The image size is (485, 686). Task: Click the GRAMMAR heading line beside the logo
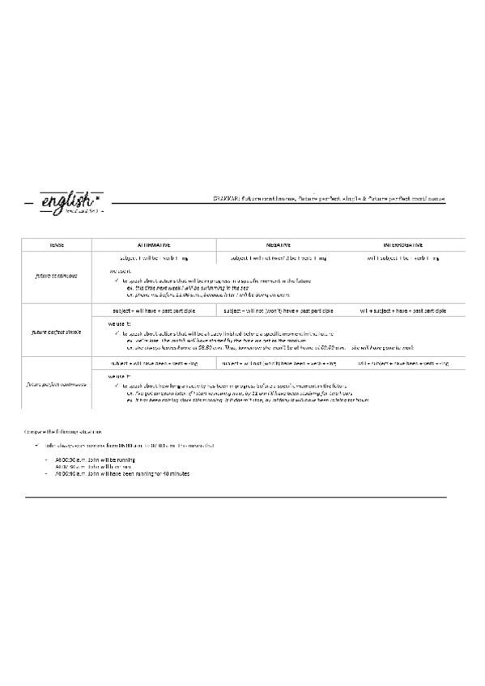pyautogui.click(x=328, y=198)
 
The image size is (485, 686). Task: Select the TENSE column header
pyautogui.click(x=56, y=244)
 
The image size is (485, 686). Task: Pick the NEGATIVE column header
pyautogui.click(x=278, y=244)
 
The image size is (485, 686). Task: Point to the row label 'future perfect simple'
pyautogui.click(x=56, y=329)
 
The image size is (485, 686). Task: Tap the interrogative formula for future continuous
pyautogui.click(x=402, y=258)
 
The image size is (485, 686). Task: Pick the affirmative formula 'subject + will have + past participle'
pyautogui.click(x=154, y=311)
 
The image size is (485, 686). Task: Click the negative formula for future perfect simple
pyautogui.click(x=278, y=311)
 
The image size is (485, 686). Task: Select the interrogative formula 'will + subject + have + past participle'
pyautogui.click(x=402, y=311)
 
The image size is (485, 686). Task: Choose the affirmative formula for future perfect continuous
pyautogui.click(x=154, y=364)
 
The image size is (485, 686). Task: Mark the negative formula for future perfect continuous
pyautogui.click(x=278, y=364)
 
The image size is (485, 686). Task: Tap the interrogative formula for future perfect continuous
pyautogui.click(x=402, y=364)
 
